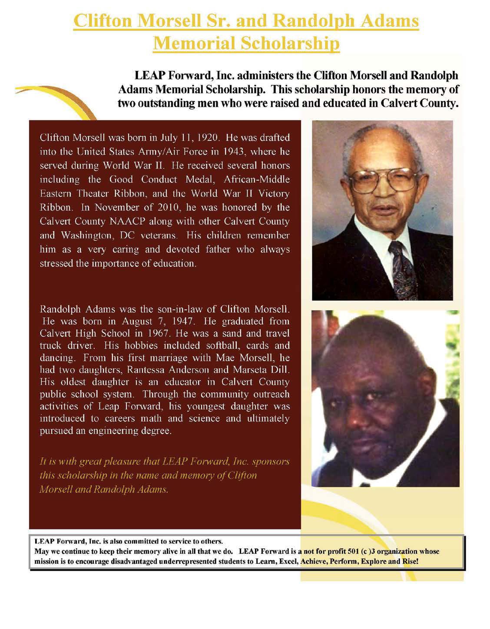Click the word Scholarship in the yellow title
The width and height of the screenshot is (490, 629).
(x=290, y=43)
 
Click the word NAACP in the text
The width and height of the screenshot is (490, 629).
(x=129, y=221)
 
